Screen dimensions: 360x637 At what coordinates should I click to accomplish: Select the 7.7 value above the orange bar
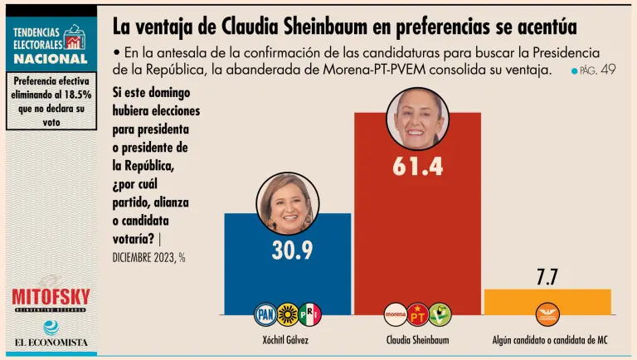(547, 277)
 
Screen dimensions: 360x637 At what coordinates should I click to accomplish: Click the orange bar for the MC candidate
(547, 301)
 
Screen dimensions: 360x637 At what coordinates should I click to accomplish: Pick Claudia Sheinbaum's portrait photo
(418, 117)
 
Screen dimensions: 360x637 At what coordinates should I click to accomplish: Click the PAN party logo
(265, 314)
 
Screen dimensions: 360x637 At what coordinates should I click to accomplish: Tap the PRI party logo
(309, 314)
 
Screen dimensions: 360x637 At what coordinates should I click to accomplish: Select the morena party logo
(396, 314)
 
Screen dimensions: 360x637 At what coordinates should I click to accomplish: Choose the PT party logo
(417, 314)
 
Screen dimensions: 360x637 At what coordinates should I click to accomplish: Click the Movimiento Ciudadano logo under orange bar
(547, 314)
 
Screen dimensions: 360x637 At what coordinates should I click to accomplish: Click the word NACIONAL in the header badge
(51, 59)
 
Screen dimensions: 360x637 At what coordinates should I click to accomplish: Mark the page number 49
(607, 71)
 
